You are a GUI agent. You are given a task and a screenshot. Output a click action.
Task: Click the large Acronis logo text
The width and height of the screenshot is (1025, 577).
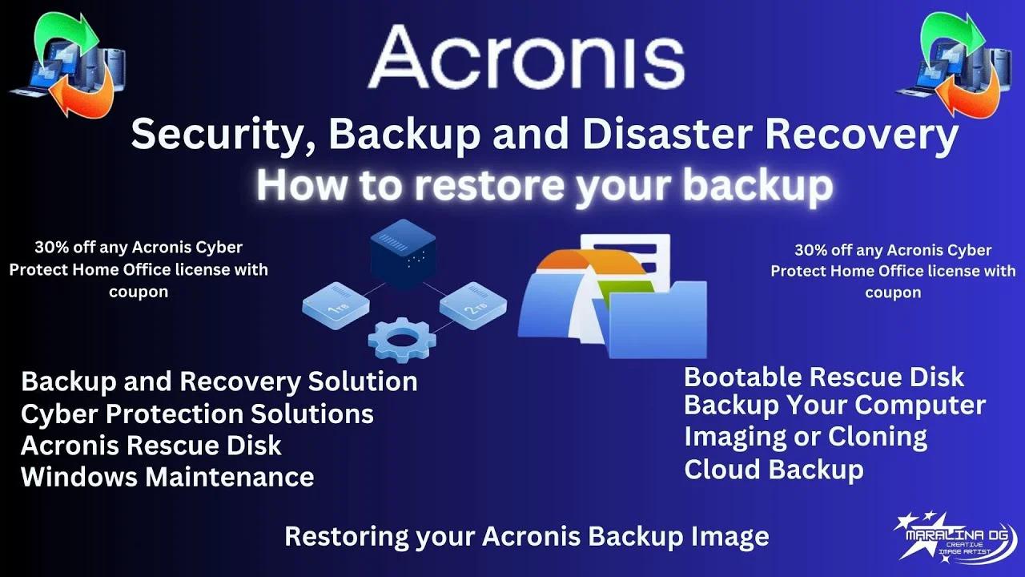[526, 55]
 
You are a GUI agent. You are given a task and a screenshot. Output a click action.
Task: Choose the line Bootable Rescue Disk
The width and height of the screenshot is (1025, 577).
[824, 377]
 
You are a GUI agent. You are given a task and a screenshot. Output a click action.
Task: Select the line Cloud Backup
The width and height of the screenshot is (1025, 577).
[774, 469]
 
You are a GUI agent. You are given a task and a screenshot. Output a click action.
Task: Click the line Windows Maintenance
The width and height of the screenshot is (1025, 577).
[167, 477]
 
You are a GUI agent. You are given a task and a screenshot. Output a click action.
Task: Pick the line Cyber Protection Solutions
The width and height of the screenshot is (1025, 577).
[197, 414]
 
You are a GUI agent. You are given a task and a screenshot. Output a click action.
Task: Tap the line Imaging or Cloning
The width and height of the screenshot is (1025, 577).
[806, 437]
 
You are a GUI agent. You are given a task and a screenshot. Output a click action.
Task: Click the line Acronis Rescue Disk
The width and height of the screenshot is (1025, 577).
[151, 445]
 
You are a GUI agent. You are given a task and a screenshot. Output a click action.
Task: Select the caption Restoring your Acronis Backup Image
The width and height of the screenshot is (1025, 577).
[527, 535]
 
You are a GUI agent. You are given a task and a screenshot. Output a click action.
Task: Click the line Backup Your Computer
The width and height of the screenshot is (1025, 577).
[834, 405]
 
